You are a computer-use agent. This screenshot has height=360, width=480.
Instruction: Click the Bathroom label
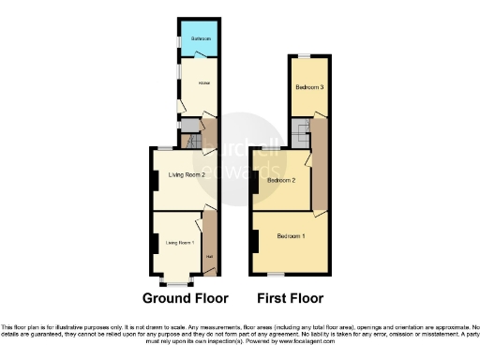(x=198, y=38)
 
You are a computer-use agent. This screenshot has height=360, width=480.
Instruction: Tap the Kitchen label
(x=202, y=83)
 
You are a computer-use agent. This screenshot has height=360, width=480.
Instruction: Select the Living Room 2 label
(x=187, y=174)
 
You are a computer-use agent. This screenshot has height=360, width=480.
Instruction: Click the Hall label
(x=209, y=257)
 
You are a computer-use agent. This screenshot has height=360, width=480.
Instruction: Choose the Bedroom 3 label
(x=309, y=87)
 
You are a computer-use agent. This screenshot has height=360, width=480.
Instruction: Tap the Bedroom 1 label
(x=291, y=236)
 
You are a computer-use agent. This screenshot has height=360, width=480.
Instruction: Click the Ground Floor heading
(x=186, y=299)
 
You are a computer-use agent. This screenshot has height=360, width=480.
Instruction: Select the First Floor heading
(x=291, y=299)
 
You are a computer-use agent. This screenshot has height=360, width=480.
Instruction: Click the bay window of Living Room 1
(x=176, y=280)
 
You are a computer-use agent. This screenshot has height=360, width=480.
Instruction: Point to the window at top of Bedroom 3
(x=303, y=55)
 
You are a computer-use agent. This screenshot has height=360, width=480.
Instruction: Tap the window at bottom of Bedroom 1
(x=273, y=275)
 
